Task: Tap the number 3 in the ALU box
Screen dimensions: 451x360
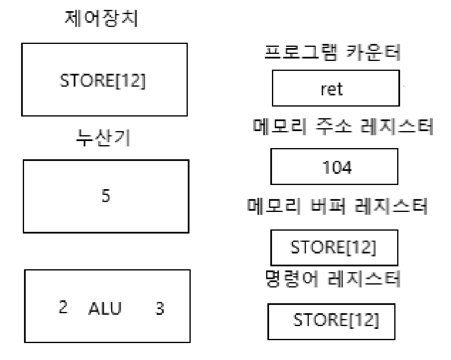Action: point(159,308)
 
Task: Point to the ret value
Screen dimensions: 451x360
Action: point(336,90)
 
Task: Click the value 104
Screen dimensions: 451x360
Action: point(338,168)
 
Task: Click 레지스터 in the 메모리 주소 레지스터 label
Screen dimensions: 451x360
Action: point(399,127)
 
